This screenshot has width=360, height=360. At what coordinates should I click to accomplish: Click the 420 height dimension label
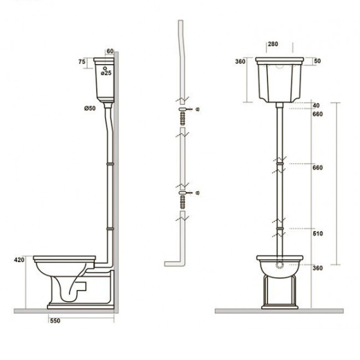tap(19, 260)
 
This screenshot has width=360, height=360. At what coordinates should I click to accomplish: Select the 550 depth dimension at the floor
tap(55, 321)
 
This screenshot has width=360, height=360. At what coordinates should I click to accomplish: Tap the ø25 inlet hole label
tap(106, 73)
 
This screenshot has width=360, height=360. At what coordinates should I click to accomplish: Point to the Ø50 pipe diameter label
tap(90, 108)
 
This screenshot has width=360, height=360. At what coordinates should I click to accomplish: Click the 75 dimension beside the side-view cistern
tap(82, 62)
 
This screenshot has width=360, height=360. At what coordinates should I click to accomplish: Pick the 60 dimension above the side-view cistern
tap(110, 51)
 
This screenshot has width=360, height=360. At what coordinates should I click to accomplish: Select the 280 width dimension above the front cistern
tap(273, 44)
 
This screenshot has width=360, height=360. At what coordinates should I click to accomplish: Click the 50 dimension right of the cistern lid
tap(317, 61)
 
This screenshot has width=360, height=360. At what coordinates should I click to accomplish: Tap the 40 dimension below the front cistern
tap(316, 106)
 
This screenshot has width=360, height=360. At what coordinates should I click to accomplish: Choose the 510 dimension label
tap(318, 233)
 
